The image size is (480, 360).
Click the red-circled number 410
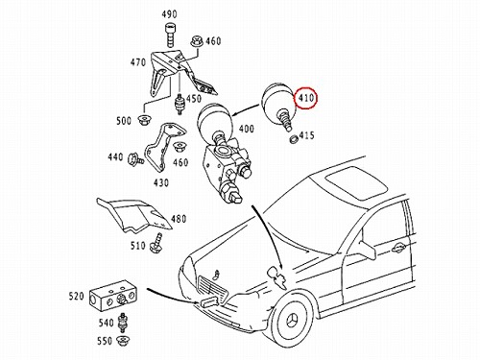click(306, 98)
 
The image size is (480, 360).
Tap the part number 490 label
click(169, 14)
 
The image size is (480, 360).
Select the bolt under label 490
click(169, 35)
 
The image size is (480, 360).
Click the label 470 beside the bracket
click(138, 62)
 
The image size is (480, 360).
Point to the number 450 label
click(194, 99)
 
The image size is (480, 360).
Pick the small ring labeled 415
click(293, 139)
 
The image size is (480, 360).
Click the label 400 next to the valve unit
click(247, 129)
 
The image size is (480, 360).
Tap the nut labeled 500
click(144, 120)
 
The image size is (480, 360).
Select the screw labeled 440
click(135, 159)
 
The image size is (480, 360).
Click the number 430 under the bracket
click(161, 182)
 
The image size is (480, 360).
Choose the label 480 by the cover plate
click(179, 219)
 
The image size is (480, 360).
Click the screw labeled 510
click(156, 243)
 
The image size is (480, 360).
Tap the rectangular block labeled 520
click(112, 296)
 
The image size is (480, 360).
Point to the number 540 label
click(107, 323)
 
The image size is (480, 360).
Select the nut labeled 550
click(123, 341)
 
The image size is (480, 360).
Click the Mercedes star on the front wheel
click(294, 320)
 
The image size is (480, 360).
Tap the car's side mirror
click(367, 248)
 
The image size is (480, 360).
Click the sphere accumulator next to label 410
click(277, 103)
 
